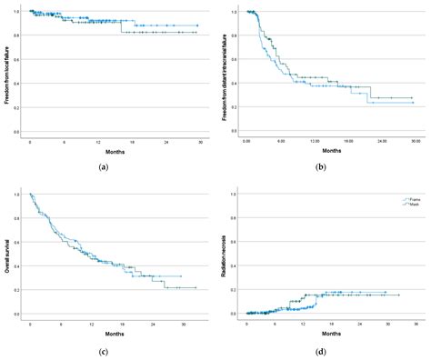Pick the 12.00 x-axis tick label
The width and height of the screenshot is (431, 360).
click(x=315, y=142)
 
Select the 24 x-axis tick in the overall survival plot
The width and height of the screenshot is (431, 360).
click(x=165, y=324)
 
